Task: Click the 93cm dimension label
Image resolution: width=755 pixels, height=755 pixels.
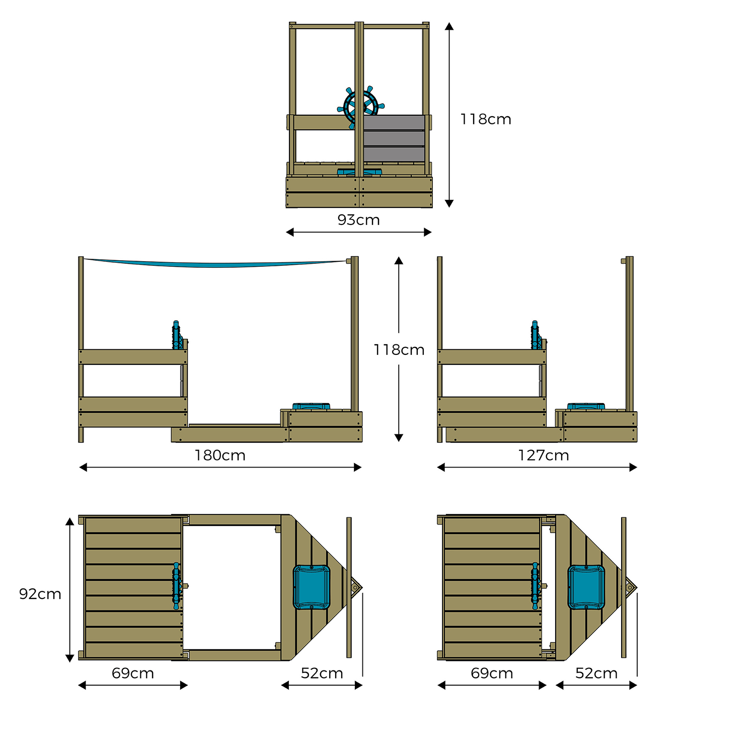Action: click(x=358, y=220)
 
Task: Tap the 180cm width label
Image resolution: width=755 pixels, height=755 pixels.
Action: click(x=220, y=456)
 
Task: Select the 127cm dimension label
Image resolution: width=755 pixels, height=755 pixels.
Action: click(x=544, y=456)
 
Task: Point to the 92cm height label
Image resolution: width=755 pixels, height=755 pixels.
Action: click(x=40, y=594)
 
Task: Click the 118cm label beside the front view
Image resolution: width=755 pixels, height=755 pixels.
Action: click(x=486, y=119)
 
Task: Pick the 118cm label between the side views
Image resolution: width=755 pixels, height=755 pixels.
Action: click(x=399, y=350)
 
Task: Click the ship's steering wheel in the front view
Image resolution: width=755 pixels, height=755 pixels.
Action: click(x=361, y=106)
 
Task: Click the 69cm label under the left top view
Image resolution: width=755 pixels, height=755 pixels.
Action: click(x=133, y=673)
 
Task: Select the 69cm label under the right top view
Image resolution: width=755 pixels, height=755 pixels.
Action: click(x=492, y=673)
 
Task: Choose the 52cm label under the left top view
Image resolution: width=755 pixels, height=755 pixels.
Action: click(x=322, y=673)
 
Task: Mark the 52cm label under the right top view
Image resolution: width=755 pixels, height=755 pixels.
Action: click(x=596, y=673)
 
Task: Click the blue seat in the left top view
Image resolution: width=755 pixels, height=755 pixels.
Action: click(x=312, y=587)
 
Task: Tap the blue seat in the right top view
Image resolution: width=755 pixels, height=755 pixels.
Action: click(x=586, y=587)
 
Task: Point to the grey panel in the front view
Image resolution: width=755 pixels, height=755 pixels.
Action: click(x=394, y=138)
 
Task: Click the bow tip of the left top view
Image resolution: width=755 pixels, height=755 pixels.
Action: click(x=357, y=587)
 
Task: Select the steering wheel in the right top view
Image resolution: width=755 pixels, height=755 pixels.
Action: click(x=536, y=586)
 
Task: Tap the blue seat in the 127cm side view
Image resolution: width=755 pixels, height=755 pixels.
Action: click(x=586, y=406)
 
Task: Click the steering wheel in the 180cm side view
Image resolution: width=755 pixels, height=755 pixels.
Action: click(x=176, y=335)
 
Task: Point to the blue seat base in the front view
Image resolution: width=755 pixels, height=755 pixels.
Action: click(x=359, y=172)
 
